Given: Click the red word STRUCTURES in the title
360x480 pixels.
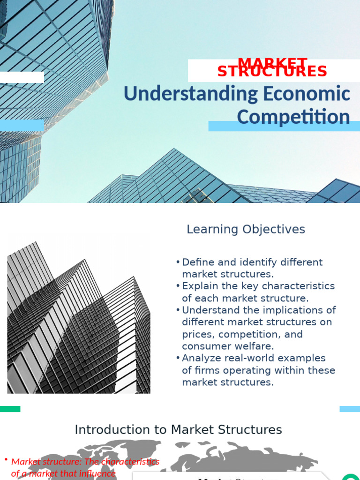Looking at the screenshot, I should click(x=272, y=72).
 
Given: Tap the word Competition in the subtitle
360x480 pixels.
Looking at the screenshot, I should click(x=293, y=117).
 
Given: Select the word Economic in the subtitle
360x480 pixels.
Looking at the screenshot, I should click(x=306, y=94).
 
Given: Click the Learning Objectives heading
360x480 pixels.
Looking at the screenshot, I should click(x=246, y=229).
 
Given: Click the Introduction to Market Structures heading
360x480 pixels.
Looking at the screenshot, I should click(x=178, y=429).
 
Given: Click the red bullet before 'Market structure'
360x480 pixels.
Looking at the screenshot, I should click(x=6, y=460).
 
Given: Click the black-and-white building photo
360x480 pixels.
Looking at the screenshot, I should click(x=78, y=318).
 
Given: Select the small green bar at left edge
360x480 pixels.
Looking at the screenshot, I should click(x=10, y=409).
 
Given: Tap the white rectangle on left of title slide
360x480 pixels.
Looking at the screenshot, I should click(x=22, y=77).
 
